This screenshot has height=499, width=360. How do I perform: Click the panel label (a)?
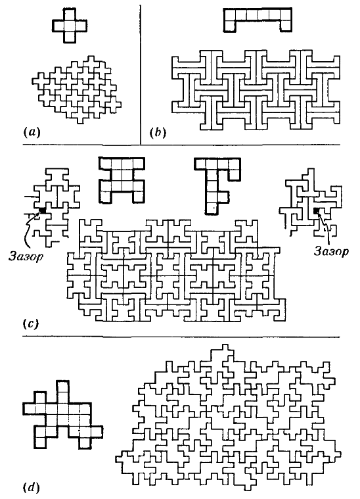[x=32, y=132]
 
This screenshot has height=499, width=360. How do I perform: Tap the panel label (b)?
[x=158, y=133]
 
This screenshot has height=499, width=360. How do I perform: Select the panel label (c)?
[x=31, y=324]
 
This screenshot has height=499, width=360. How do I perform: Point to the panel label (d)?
[x=32, y=487]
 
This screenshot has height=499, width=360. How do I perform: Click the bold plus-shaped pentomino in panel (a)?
[x=70, y=26]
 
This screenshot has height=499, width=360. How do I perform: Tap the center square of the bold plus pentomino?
[x=70, y=26]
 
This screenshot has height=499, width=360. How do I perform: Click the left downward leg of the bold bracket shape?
[x=230, y=26]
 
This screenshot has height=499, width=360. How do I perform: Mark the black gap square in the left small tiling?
[x=42, y=210]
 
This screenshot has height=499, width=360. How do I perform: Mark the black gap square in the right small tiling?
[x=317, y=210]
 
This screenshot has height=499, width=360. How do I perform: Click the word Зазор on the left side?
[x=26, y=256]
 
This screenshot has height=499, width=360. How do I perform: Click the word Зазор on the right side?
[x=331, y=251]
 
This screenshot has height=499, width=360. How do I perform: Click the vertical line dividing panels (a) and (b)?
[x=140, y=74]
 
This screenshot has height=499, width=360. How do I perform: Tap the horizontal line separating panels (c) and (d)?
[x=181, y=337]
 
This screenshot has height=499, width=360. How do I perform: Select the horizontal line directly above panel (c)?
[x=181, y=145]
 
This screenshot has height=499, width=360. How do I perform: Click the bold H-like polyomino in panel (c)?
[x=122, y=179]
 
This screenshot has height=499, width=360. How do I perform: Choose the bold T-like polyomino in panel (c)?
[x=217, y=185]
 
